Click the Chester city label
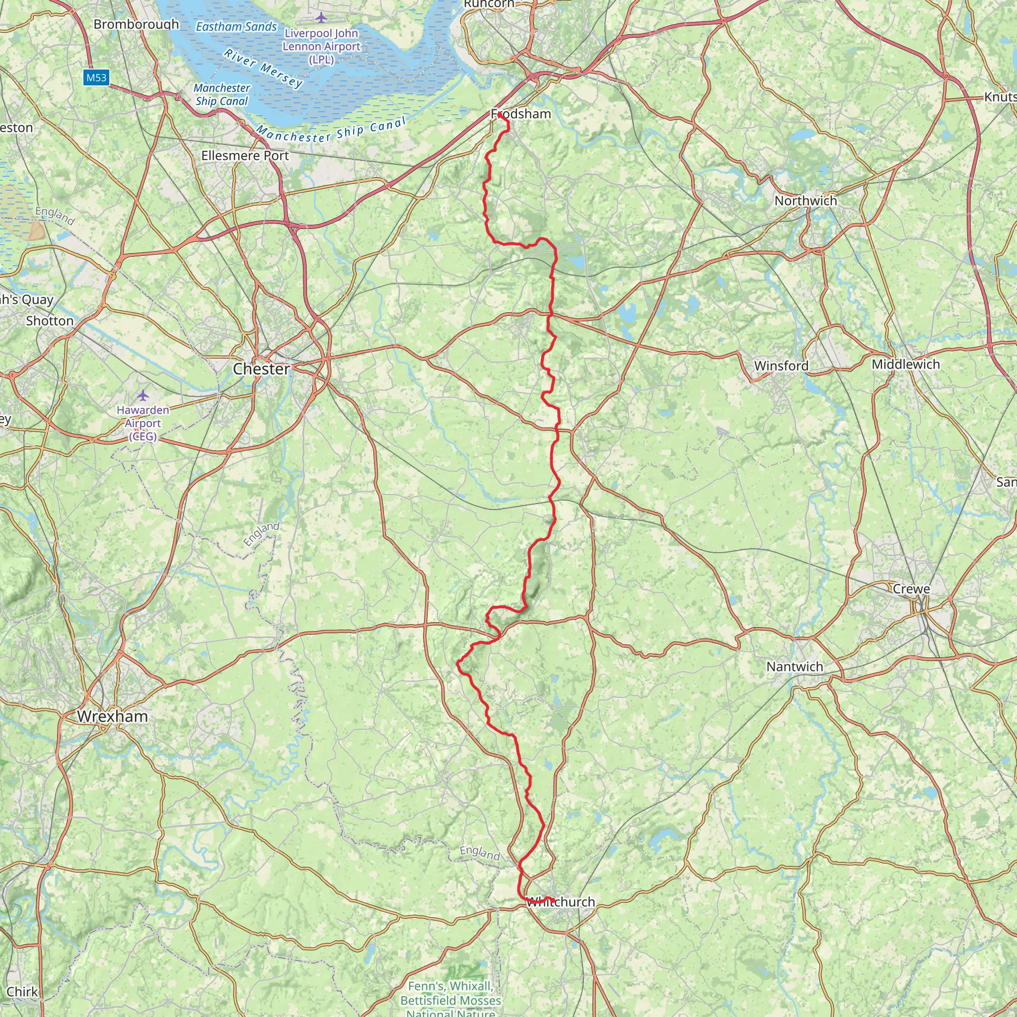[261, 369]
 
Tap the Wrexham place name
[112, 716]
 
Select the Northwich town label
[805, 201]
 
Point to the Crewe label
[911, 589]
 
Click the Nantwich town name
[795, 666]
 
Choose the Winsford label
[781, 366]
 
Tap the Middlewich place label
[905, 364]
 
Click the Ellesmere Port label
[245, 156]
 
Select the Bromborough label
[136, 24]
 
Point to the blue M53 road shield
[96, 78]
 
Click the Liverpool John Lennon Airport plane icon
[321, 18]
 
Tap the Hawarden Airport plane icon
[143, 395]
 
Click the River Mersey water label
[263, 69]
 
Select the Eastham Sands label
[236, 27]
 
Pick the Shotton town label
[50, 321]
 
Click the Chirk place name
[22, 992]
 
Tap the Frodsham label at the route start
[520, 114]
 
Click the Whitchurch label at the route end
[561, 902]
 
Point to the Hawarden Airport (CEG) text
[143, 423]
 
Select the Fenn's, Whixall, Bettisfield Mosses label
[450, 993]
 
